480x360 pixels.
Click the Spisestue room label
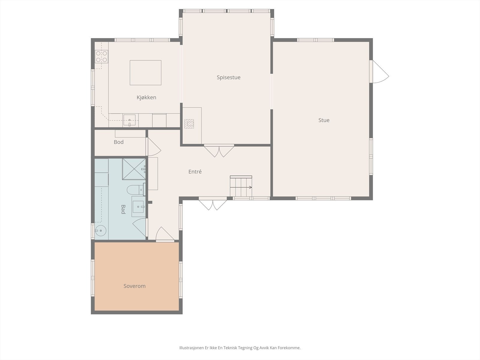tap(229, 77)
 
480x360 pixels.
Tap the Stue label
tap(324, 120)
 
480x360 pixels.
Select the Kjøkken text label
tap(146, 97)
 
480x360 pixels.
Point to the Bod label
tap(119, 142)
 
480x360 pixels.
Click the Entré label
tap(195, 172)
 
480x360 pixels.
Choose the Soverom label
tap(134, 286)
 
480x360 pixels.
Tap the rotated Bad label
tap(123, 209)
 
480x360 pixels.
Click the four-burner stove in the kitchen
tap(101, 56)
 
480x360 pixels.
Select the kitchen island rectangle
tap(145, 73)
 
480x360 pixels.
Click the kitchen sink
tap(129, 120)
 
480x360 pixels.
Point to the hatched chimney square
tap(189, 124)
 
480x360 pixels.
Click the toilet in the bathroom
tap(136, 189)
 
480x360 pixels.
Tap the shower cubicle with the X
tap(134, 169)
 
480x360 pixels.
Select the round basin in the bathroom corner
tap(100, 231)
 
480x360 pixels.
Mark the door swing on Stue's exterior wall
tap(381, 72)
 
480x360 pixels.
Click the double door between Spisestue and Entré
tap(219, 151)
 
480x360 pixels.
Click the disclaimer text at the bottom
tap(240, 348)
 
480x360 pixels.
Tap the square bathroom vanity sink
tap(138, 207)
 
